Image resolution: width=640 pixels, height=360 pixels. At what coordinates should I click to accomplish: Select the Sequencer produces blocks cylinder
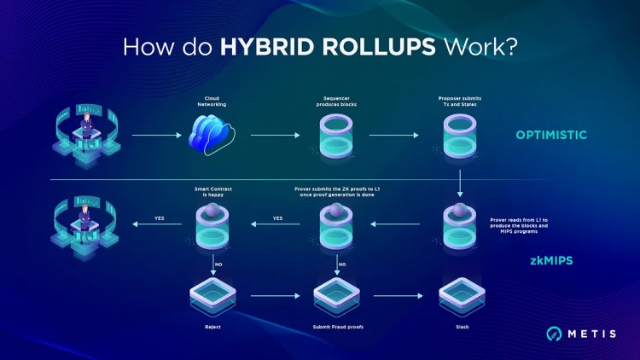click(335, 135)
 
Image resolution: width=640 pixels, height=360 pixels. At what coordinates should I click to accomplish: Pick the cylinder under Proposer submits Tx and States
click(461, 135)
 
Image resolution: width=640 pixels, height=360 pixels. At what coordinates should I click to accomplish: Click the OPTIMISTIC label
click(550, 135)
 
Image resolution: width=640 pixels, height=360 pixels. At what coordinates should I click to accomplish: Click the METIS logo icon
click(555, 334)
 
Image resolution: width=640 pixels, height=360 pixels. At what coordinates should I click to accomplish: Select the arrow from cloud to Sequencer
click(273, 135)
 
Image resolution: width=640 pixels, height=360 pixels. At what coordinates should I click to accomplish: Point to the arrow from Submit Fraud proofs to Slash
click(398, 296)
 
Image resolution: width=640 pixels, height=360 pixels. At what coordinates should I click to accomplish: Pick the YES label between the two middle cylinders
click(277, 218)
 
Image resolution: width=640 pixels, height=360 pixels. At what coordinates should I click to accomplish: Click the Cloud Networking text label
click(210, 101)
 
